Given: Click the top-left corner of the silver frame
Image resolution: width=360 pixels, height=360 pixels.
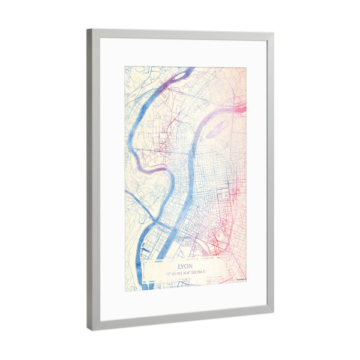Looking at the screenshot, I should (x=88, y=29).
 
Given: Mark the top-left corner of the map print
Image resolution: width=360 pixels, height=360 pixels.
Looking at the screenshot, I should (x=125, y=66).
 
